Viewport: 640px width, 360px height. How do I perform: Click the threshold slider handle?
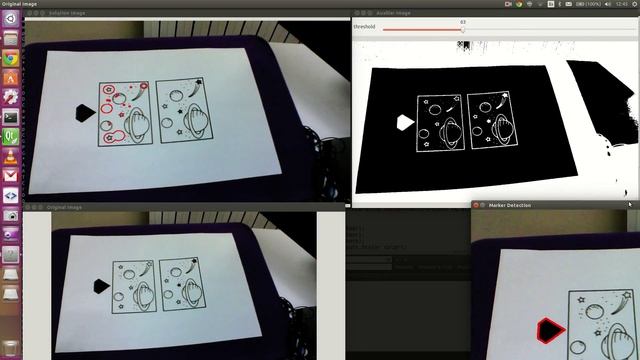point(463,29)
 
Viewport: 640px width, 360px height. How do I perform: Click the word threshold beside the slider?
point(364,27)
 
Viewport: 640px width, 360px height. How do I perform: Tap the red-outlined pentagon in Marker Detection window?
point(548,329)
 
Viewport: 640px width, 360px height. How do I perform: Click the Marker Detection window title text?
point(510,205)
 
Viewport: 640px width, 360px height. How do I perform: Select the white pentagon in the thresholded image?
point(405,122)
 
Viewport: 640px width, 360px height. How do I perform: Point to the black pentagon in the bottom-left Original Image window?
point(100,286)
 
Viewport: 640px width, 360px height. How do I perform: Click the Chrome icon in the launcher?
point(10,59)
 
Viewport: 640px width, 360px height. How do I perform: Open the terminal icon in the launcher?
point(10,117)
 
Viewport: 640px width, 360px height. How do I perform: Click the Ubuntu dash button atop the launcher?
point(10,21)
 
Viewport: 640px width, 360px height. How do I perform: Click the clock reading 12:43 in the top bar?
point(621,4)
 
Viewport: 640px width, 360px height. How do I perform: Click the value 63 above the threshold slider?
point(463,21)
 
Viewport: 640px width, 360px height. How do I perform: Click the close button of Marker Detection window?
point(476,205)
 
